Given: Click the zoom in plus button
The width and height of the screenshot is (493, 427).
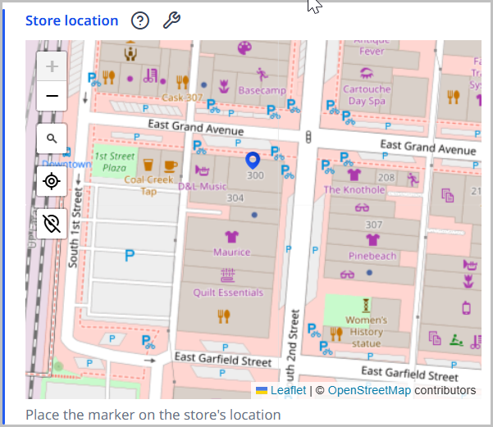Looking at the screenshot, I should coord(52,66).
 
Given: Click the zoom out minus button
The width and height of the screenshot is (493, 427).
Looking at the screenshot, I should coord(52,96).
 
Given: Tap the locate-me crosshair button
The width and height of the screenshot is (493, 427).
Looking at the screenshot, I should coord(52,181).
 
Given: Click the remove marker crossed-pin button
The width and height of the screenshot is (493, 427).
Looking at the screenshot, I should coord(52,223).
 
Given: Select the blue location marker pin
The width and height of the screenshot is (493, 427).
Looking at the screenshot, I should coord(253,161).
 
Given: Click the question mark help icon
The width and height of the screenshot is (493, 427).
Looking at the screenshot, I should coord(140,20).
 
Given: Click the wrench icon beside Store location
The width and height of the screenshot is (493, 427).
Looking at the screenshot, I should coord(171,20).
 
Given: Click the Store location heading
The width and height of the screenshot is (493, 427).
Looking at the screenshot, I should coord(72,20).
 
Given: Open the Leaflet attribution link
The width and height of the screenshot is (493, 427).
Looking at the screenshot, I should coord(288,390).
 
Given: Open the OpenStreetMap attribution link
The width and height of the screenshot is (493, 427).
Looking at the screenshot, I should coord(369,390).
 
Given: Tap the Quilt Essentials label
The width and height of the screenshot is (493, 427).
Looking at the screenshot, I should coord(228,293).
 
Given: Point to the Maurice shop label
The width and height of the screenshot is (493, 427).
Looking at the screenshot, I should coord(231,252).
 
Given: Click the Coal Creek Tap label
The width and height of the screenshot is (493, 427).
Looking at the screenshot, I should coord(148,185).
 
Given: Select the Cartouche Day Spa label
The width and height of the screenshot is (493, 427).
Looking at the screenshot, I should coord(366,95).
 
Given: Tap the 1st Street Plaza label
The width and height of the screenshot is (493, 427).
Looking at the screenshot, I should coord(114,161).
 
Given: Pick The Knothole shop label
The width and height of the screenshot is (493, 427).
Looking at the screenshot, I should coord(354,189).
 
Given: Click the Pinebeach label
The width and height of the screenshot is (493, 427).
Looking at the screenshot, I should coord(372,256).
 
